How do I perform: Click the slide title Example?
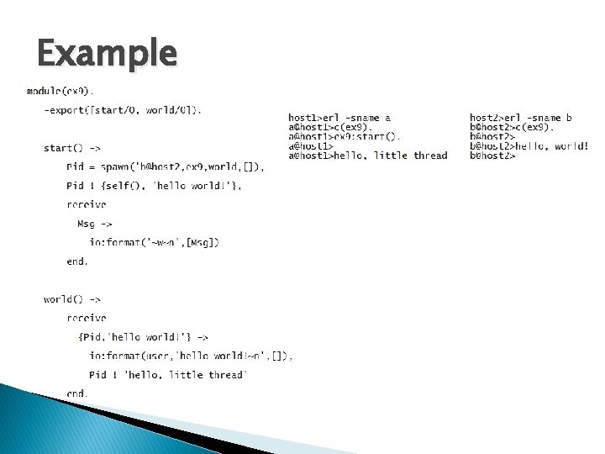(x=108, y=55)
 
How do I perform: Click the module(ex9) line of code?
(x=60, y=91)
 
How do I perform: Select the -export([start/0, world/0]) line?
(x=123, y=110)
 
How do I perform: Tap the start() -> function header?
(x=72, y=148)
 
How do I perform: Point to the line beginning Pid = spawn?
(x=165, y=167)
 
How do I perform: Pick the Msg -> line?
(x=94, y=224)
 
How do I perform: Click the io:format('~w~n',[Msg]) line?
(x=155, y=243)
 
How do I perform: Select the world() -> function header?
(x=72, y=299)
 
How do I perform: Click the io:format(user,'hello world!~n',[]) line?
(x=191, y=356)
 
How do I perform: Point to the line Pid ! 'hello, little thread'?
(x=168, y=375)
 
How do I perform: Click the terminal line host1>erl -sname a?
(x=339, y=119)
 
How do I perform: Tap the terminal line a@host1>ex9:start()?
(x=345, y=137)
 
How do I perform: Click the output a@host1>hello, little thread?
(x=367, y=156)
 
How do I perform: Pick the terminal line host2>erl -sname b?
(x=521, y=119)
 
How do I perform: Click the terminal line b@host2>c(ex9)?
(x=513, y=128)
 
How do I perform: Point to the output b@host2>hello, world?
(x=529, y=146)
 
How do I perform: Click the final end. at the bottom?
(x=77, y=393)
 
